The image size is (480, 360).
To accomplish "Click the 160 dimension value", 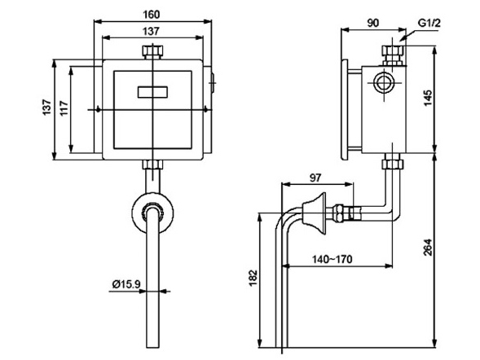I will [x=152, y=14].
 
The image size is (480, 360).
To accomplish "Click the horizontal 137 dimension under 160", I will [x=152, y=31].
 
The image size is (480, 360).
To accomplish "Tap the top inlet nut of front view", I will [x=152, y=55].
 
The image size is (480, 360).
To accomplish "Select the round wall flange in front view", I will [x=152, y=212].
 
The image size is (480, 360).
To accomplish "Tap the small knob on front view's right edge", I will [x=214, y=82].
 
